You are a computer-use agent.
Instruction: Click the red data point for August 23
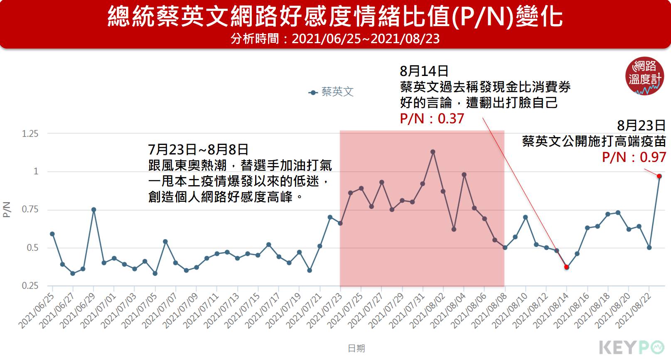pos(659,176)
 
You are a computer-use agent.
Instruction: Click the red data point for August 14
pos(566,267)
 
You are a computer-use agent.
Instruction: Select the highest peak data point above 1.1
pos(433,152)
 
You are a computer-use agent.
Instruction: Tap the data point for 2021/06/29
pos(94,210)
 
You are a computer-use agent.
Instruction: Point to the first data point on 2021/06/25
pos(52,234)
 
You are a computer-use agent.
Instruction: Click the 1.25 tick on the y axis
pos(30,134)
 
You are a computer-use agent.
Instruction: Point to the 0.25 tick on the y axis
pos(30,286)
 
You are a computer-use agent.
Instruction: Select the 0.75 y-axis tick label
pos(30,210)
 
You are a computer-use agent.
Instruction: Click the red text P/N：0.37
pos(432,119)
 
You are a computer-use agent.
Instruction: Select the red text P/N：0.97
pos(634,157)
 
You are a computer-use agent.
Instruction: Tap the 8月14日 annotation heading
pos(424,71)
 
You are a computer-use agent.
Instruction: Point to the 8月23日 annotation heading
pos(641,125)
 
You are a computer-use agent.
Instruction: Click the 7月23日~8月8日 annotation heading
pos(198,149)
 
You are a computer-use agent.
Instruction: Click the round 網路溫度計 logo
pos(644,77)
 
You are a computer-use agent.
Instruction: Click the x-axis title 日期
pos(356,348)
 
